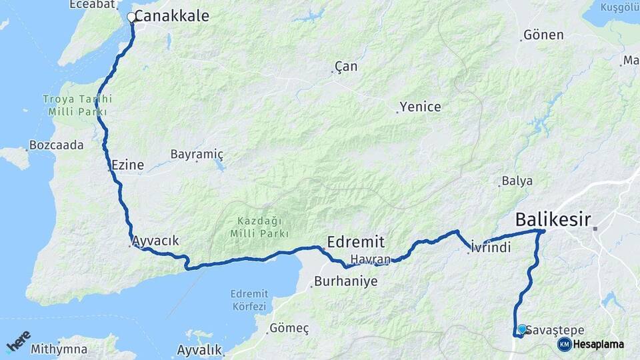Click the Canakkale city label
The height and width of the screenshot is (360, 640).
coord(172,16)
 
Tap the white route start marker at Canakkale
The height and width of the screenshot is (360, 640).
coord(131,17)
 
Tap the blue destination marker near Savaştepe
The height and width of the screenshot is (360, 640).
coord(522,329)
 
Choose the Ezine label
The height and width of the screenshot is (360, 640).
coord(127,165)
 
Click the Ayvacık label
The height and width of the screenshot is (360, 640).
coord(155,241)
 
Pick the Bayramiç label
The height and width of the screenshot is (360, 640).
coord(197,154)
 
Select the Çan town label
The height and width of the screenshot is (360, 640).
coord(346,66)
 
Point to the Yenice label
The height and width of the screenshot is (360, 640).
coord(420,107)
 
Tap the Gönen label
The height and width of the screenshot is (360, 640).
coord(544,35)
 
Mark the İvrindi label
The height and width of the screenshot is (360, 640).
coord(491,247)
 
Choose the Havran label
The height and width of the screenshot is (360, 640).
coord(370,259)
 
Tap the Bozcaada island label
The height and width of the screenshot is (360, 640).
coord(57,145)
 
